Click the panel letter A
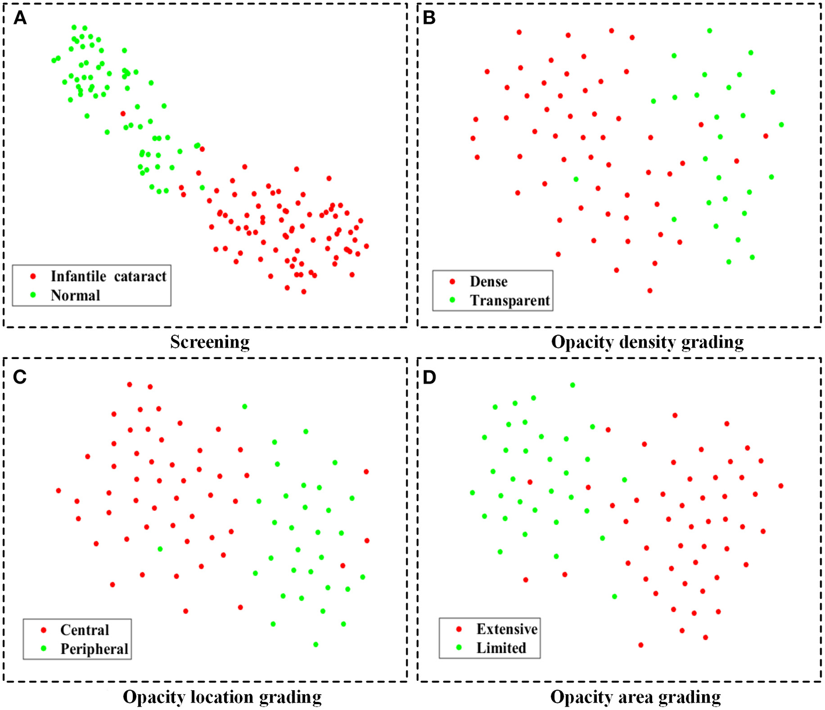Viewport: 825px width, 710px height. [20, 18]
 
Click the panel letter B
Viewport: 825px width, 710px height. [429, 18]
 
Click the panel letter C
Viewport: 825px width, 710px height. [20, 377]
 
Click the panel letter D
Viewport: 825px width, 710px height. [429, 377]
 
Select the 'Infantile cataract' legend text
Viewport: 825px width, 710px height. [108, 276]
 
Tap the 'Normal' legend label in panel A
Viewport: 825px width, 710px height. [75, 295]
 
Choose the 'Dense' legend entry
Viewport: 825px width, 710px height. [488, 282]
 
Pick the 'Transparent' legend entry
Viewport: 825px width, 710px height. [509, 300]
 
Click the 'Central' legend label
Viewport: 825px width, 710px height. [84, 630]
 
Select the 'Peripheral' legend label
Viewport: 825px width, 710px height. [94, 649]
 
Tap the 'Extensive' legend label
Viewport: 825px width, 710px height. [507, 629]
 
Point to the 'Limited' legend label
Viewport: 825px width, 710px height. [501, 648]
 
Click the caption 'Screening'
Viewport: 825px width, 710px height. [210, 342]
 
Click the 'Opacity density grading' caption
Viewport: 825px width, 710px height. [647, 342]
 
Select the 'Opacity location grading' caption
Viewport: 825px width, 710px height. [222, 697]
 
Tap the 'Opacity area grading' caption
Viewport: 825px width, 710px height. [635, 697]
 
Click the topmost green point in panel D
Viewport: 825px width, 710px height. [572, 385]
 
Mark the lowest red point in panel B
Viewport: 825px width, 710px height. [650, 290]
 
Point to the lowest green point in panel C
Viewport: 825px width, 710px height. [316, 644]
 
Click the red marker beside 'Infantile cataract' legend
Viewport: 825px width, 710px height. [33, 276]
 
